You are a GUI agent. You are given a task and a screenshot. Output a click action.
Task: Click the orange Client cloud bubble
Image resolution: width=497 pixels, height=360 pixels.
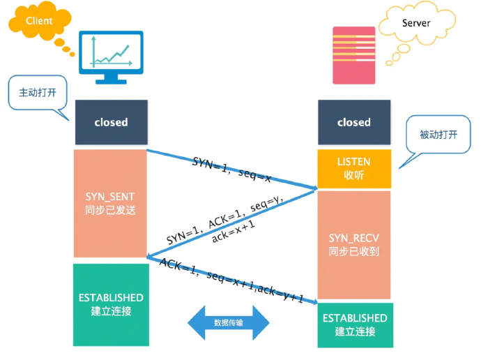click(x=39, y=21)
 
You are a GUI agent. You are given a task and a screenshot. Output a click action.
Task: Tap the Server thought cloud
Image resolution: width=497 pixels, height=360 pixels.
click(x=415, y=24)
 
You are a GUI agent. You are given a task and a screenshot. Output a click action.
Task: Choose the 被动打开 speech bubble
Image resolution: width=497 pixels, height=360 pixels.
click(x=438, y=134)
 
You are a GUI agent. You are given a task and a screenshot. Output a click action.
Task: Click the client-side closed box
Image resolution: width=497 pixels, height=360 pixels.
click(x=111, y=122)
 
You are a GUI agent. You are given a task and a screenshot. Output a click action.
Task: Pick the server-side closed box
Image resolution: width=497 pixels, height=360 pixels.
click(x=353, y=122)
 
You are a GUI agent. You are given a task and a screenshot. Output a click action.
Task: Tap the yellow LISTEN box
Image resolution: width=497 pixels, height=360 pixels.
click(x=353, y=168)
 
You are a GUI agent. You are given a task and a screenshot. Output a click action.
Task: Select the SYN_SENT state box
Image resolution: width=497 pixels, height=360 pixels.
click(x=110, y=202)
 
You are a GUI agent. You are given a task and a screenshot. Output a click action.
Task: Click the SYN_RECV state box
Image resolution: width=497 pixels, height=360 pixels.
click(x=353, y=244)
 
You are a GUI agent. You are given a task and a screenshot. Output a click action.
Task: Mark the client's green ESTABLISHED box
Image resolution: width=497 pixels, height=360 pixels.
click(x=110, y=304)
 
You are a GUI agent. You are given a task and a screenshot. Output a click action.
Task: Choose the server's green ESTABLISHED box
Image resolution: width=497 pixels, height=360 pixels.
click(x=354, y=324)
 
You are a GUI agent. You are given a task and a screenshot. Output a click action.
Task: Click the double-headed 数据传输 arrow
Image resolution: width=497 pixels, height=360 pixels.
click(x=228, y=324)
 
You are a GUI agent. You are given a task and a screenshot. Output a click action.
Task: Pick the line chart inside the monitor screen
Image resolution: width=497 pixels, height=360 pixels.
click(x=109, y=54)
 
